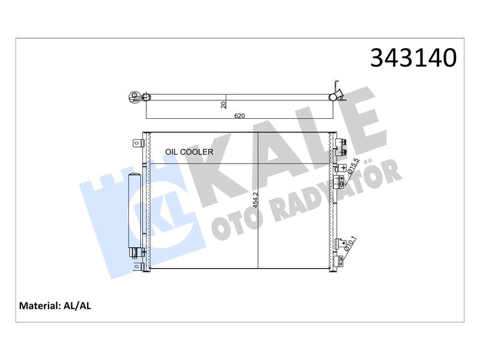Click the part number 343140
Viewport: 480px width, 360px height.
[x=413, y=58]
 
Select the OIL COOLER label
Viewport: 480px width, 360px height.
[x=189, y=152]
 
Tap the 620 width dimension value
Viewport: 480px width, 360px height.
[x=239, y=116]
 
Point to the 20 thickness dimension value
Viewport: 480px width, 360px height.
[x=224, y=104]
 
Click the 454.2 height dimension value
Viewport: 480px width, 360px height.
[x=256, y=200]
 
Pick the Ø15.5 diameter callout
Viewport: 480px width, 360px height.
[x=352, y=166]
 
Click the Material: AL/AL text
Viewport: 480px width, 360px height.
[x=55, y=306]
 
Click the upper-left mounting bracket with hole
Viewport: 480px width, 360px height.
[x=137, y=143]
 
